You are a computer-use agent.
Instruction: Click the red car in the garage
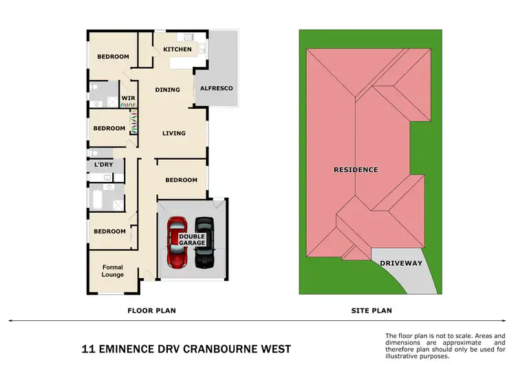pos(178,242)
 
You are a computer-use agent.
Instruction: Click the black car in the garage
pos(204,242)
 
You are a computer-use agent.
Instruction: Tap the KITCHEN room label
pos(178,50)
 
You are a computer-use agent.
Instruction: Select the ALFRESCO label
pos(216,89)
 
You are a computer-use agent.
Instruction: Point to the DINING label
pos(167,90)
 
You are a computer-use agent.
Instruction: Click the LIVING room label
pos(173,134)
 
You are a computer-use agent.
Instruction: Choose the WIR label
pos(128,98)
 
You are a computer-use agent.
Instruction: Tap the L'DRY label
pos(104,165)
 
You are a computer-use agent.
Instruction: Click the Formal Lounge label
pos(113,271)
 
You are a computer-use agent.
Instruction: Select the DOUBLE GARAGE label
pos(193,240)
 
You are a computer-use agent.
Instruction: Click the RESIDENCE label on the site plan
pos(355,169)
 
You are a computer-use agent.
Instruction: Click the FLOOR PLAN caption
pos(151,311)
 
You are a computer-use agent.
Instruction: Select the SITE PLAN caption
pos(372,311)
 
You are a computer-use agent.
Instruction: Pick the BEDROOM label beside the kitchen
pos(113,56)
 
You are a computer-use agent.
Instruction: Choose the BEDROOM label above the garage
pos(182,180)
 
